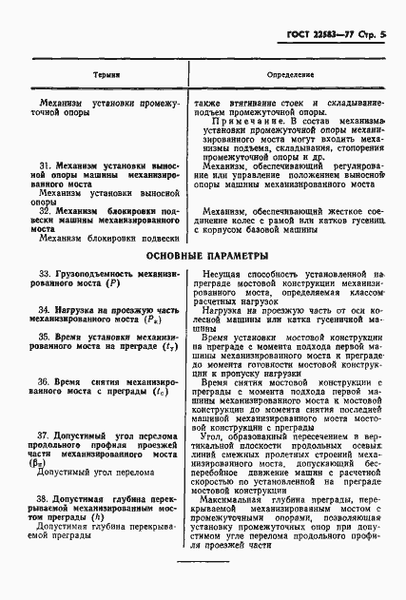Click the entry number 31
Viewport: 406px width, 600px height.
click(43, 165)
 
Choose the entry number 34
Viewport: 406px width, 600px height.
click(43, 311)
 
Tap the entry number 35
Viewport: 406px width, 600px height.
click(43, 337)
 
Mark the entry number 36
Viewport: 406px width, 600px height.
click(43, 380)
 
